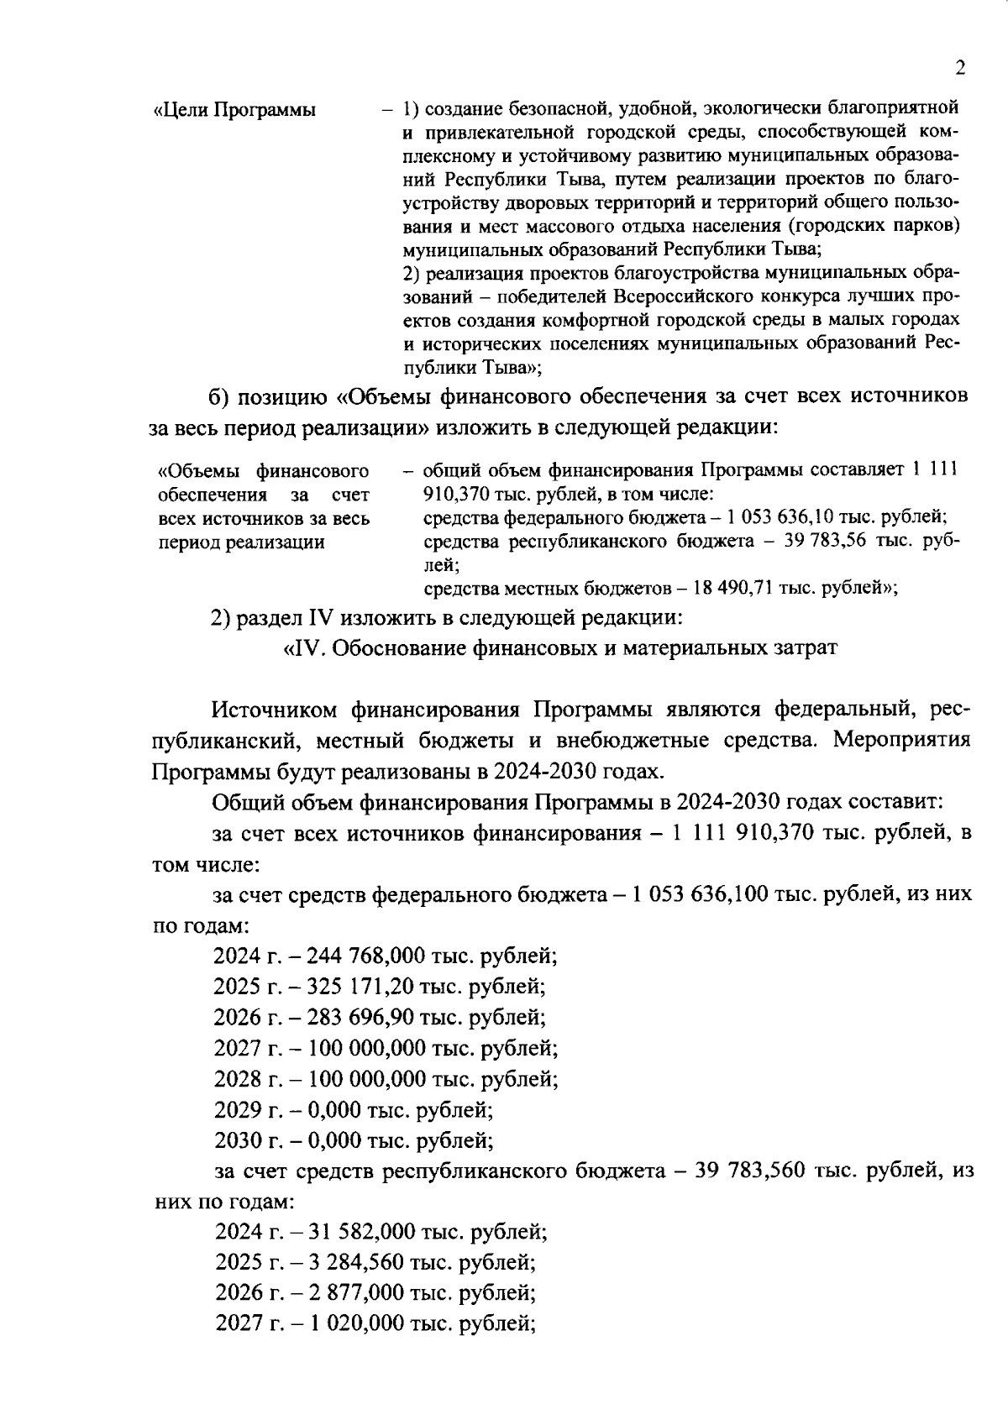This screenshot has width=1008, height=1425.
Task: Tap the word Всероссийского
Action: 686,297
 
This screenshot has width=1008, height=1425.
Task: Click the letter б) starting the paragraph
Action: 221,396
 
